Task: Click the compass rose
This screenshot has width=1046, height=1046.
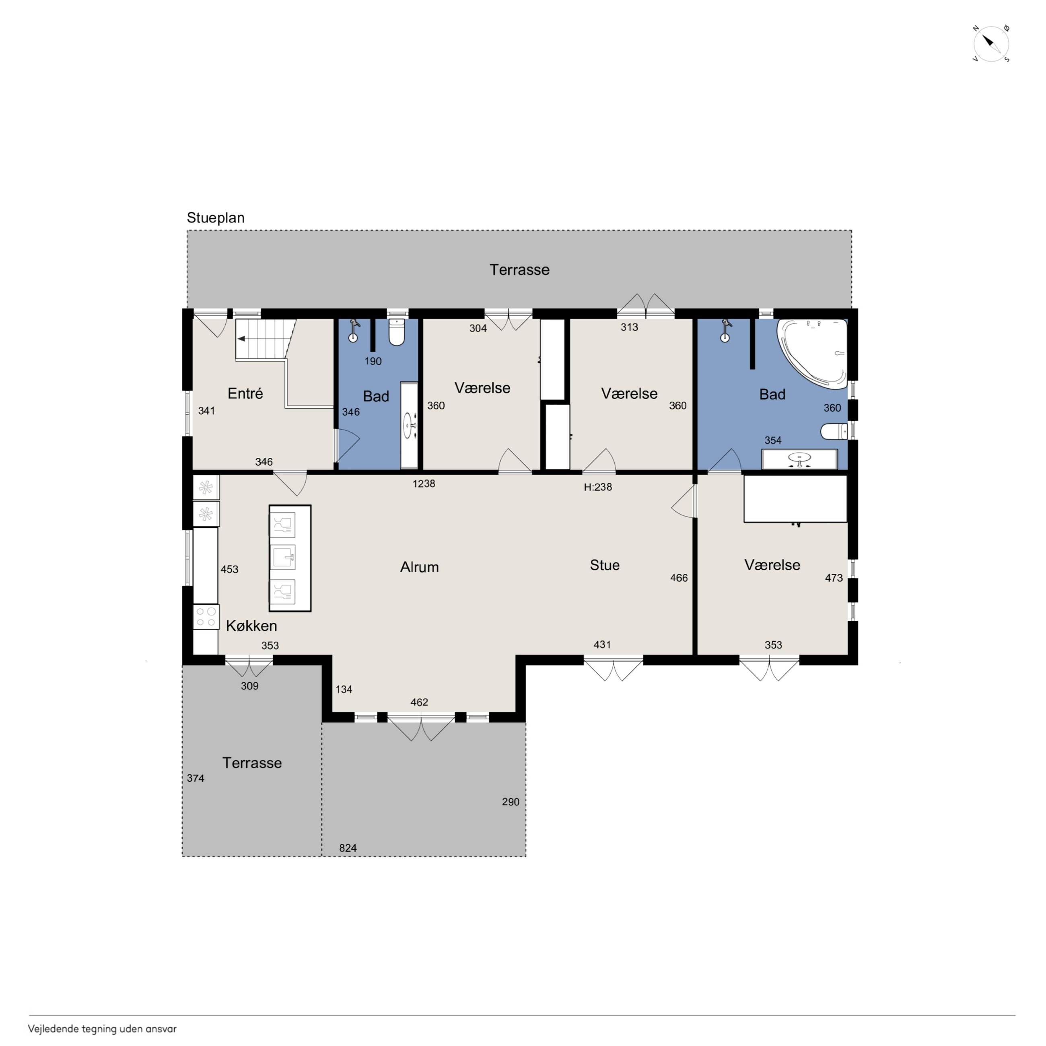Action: (991, 44)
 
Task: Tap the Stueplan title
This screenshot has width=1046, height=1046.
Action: (216, 218)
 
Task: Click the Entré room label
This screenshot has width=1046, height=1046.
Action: (245, 393)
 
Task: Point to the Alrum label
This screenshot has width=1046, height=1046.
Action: (419, 567)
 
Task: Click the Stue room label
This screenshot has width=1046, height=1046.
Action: (604, 565)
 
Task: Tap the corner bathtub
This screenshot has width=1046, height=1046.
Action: (812, 354)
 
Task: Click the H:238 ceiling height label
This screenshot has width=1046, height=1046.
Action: (598, 487)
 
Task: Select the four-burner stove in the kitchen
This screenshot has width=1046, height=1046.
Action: (206, 617)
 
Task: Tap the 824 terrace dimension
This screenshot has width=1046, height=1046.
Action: (348, 848)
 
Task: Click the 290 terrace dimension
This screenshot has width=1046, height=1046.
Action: (510, 802)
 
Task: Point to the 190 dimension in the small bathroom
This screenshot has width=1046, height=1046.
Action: (373, 361)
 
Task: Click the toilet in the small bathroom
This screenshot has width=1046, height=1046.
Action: (397, 332)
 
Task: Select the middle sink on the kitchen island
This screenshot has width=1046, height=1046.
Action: (282, 558)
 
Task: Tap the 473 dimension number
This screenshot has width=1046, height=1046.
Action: (833, 578)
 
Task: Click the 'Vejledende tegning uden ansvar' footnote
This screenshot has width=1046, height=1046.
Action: (102, 1029)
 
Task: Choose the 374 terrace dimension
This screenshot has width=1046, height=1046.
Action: (196, 778)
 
